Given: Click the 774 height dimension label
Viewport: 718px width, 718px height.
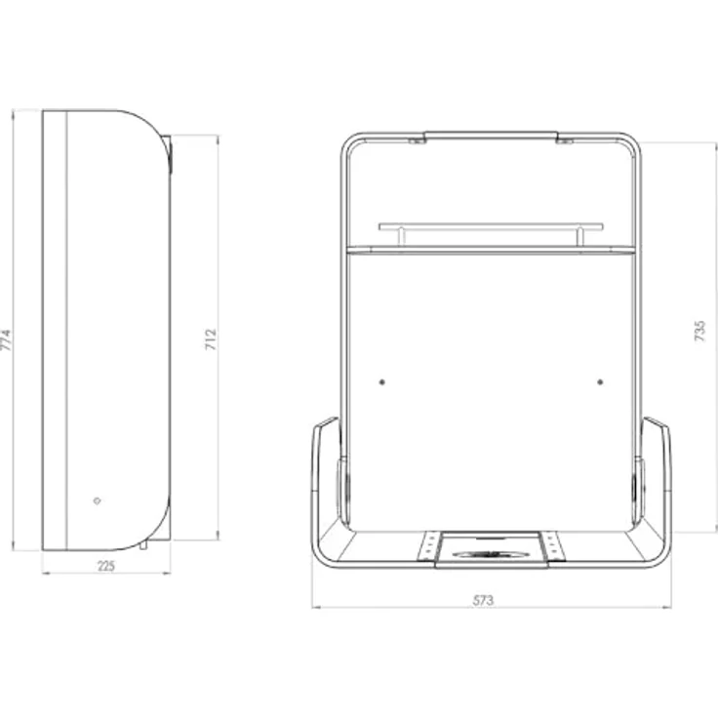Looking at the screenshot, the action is [6, 339].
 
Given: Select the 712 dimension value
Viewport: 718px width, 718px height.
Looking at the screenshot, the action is [210, 339].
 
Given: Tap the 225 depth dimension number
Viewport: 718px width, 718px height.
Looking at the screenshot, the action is [106, 566].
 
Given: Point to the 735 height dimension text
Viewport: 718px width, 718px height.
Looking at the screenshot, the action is [699, 331].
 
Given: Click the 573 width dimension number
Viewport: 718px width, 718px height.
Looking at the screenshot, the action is [483, 600].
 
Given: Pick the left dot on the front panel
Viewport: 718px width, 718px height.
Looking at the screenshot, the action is [381, 381].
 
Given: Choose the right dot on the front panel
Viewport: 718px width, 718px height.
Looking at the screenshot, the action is [600, 381].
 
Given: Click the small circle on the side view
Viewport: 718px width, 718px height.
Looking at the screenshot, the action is [97, 501].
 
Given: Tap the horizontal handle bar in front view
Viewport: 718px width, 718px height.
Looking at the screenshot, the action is [491, 226].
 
